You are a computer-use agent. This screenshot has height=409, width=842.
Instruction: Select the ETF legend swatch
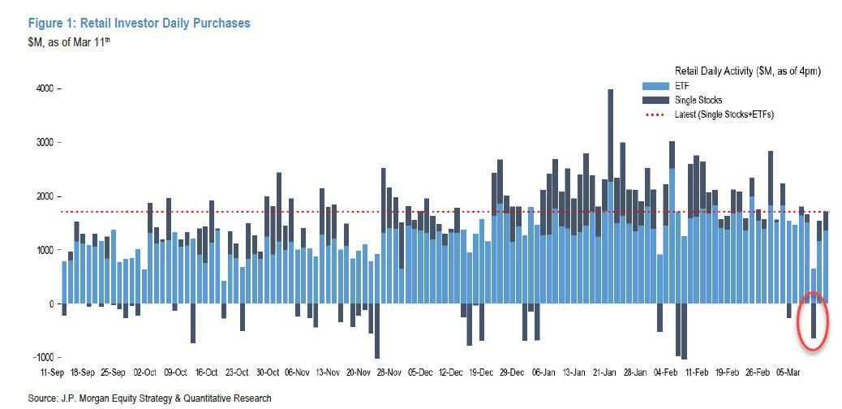pos(655,86)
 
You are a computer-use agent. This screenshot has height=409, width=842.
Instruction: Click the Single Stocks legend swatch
pos(655,101)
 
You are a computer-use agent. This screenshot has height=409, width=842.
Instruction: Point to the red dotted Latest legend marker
pos(655,114)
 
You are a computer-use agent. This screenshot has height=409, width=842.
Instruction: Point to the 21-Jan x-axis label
pos(604,372)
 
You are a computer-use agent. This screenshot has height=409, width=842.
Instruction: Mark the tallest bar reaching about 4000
pos(610,162)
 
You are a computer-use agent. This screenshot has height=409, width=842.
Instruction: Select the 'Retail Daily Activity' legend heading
pos(747,71)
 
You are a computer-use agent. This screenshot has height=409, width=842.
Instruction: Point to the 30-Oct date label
pos(268,372)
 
